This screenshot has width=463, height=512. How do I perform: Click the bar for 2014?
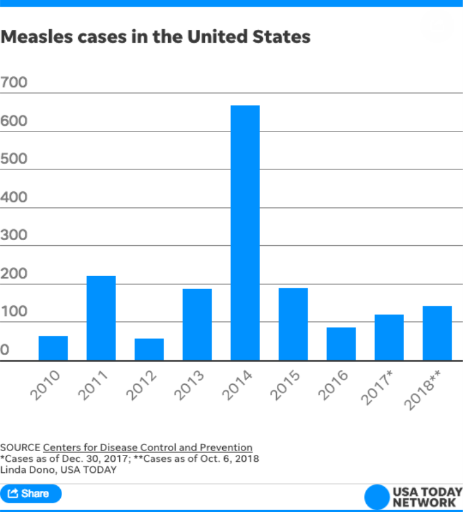coord(245,233)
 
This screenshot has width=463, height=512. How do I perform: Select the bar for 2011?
coord(101,318)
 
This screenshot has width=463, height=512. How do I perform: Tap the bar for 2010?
coord(53,348)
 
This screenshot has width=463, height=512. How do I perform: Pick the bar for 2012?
coord(149,349)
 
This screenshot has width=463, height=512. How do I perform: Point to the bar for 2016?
coord(341,344)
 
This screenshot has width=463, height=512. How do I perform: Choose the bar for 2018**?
coord(437,333)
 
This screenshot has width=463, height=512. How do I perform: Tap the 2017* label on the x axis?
coord(380,387)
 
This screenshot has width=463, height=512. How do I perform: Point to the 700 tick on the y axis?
coord(14,82)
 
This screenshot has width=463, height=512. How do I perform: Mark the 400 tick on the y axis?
coord(14,197)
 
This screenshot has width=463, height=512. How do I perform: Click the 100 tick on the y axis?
coord(14,312)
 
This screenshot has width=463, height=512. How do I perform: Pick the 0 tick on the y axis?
coord(5,351)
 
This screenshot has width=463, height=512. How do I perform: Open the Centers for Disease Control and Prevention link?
coord(148,447)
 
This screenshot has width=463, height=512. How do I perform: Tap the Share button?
coord(31,494)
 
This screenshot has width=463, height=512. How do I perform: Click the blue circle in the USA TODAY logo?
coord(377,496)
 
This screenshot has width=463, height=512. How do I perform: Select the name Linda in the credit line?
coord(12,470)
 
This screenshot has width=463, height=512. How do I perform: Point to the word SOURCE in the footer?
coord(20,447)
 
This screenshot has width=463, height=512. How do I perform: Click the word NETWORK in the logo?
coord(426,502)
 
